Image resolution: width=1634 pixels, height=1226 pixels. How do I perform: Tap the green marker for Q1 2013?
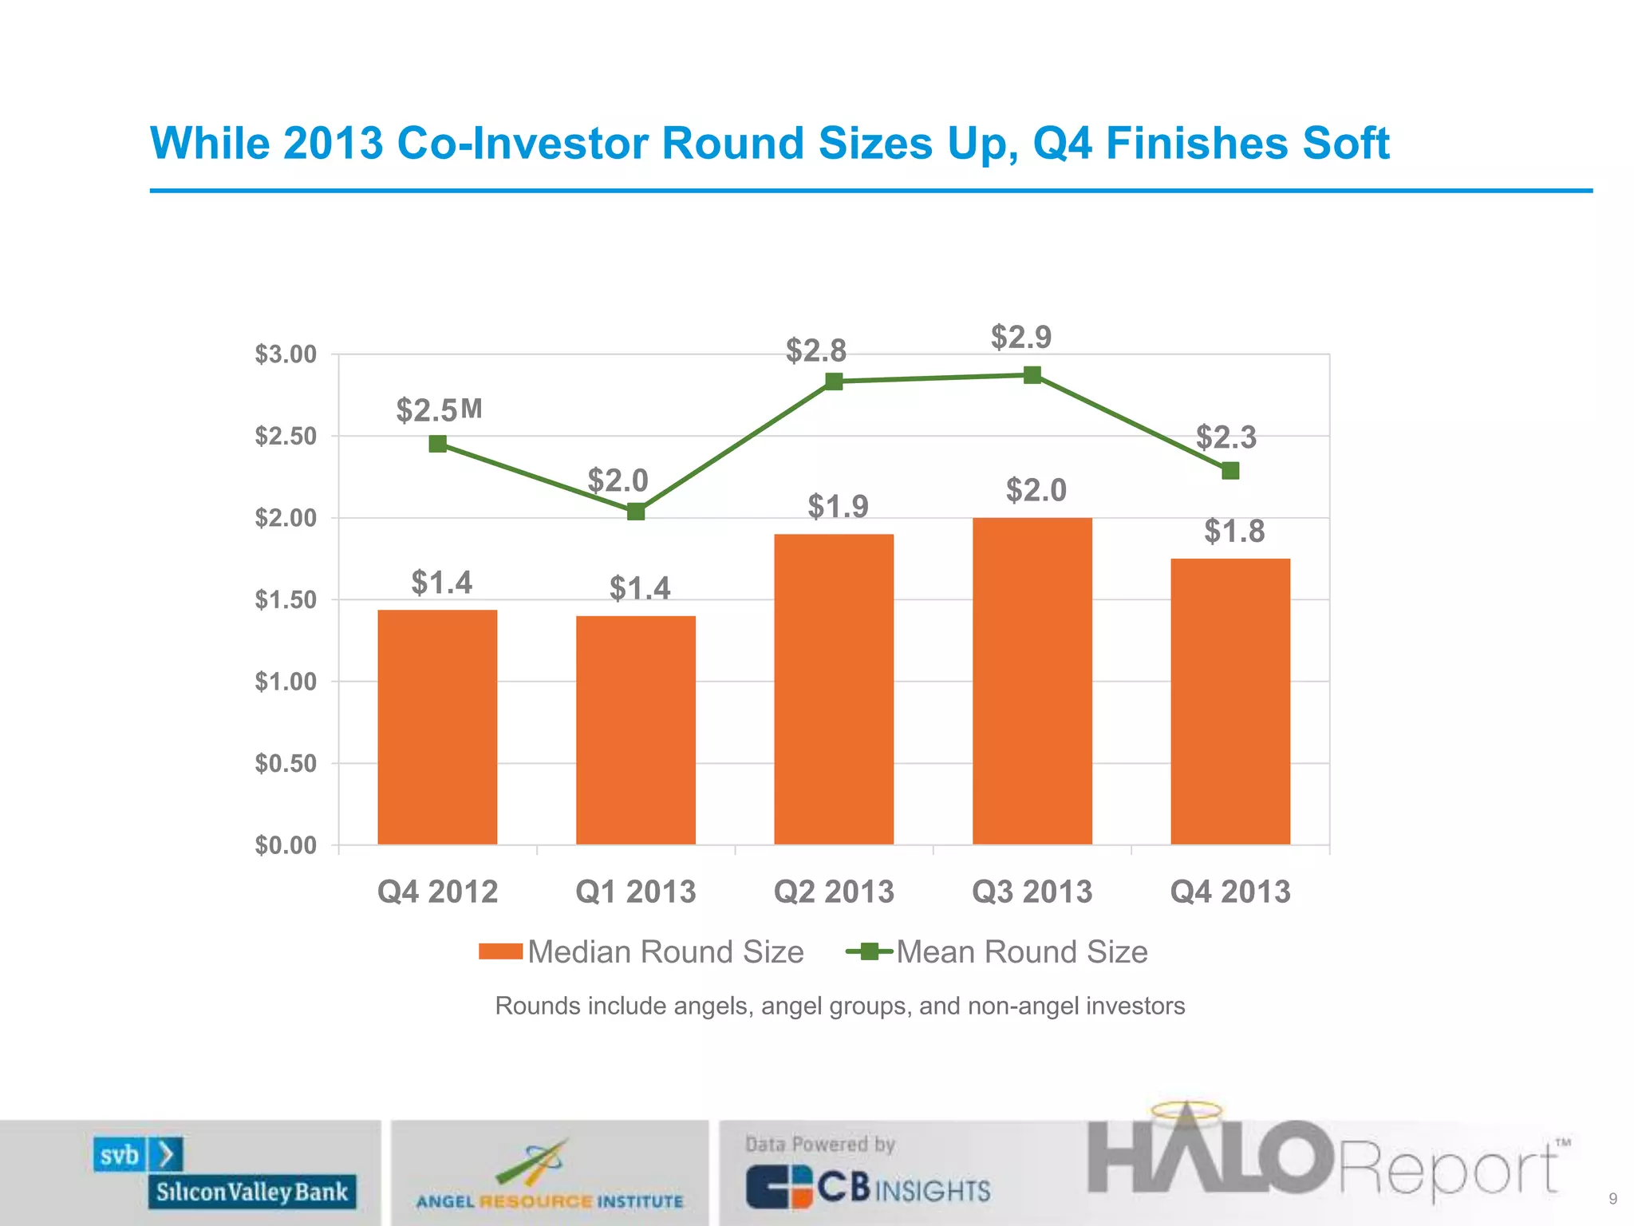pyautogui.click(x=636, y=512)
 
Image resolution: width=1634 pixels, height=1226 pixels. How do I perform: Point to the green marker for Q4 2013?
pyautogui.click(x=1230, y=471)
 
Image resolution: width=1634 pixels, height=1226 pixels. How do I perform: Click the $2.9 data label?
pyautogui.click(x=1021, y=337)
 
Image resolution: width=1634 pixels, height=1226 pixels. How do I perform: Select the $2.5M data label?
pyautogui.click(x=440, y=410)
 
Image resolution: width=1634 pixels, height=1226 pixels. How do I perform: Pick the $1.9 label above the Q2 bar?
pyautogui.click(x=838, y=506)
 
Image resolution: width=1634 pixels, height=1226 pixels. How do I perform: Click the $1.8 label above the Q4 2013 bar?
pyautogui.click(x=1234, y=531)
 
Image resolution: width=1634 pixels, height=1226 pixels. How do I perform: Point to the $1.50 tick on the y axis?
pyautogui.click(x=286, y=600)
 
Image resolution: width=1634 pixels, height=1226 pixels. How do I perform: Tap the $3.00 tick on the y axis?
pyautogui.click(x=286, y=354)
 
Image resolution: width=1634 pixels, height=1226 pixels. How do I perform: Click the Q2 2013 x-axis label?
pyautogui.click(x=834, y=892)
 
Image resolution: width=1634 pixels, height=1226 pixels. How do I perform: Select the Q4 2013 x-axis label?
pyautogui.click(x=1230, y=892)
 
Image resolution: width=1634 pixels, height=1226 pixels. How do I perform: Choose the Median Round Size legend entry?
pyautogui.click(x=642, y=951)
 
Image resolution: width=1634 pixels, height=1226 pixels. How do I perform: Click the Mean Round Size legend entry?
pyautogui.click(x=997, y=951)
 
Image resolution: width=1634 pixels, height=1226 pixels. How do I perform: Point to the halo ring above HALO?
pyautogui.click(x=1185, y=1110)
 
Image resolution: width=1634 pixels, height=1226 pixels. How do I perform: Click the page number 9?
pyautogui.click(x=1613, y=1199)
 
